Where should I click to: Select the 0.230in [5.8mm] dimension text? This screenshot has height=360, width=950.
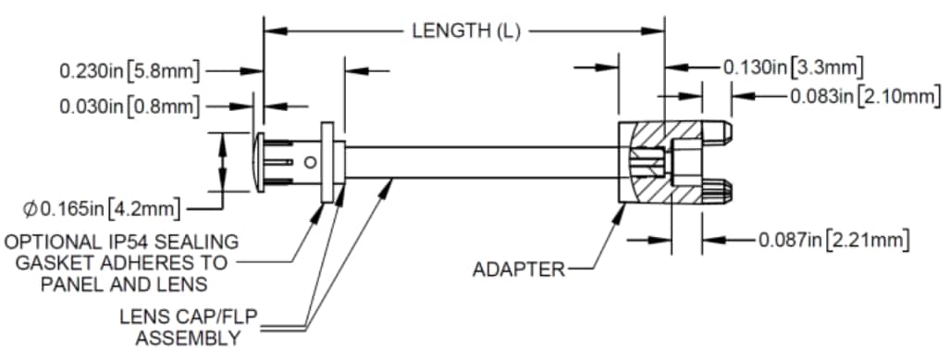[x=130, y=69]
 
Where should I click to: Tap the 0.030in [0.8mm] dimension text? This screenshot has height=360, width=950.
[x=130, y=106]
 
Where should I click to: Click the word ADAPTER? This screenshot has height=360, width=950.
[x=518, y=270]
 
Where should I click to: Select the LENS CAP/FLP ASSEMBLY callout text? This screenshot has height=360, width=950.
[x=179, y=327]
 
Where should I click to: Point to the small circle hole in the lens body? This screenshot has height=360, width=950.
[x=310, y=161]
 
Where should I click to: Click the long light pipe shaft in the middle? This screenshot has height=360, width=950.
[x=481, y=161]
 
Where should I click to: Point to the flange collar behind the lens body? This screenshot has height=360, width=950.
[x=327, y=161]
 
